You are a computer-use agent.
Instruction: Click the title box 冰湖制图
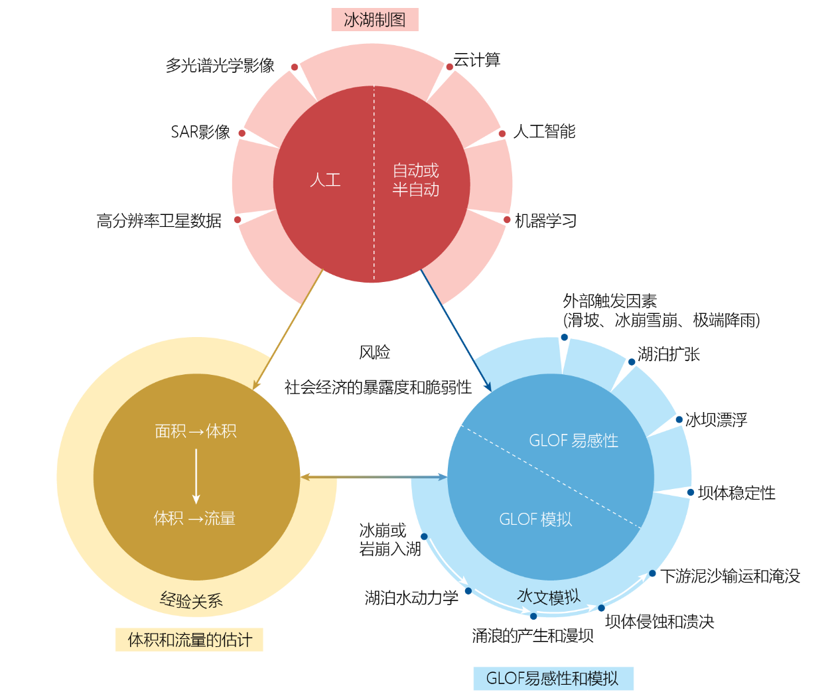[375, 19]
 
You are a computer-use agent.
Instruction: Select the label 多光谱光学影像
[220, 66]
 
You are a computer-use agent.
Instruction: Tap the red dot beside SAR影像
[242, 133]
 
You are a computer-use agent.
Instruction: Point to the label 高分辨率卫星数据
[159, 220]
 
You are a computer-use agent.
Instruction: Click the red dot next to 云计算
[449, 67]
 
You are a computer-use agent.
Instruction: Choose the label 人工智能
[544, 131]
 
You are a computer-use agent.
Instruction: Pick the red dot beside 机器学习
[507, 220]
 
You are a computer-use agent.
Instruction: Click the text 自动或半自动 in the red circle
[416, 180]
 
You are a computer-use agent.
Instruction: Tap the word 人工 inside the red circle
[325, 180]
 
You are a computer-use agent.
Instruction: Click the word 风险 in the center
[374, 352]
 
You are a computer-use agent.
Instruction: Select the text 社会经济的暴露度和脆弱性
[378, 387]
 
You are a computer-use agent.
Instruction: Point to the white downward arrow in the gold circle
[196, 476]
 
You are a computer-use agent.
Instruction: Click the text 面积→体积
[196, 431]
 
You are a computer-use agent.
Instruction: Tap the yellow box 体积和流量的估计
[189, 640]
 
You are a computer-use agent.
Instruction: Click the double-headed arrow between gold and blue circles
[374, 476]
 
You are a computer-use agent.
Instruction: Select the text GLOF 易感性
[573, 441]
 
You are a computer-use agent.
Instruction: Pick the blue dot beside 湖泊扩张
[632, 362]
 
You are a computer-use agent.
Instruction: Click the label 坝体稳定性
[736, 493]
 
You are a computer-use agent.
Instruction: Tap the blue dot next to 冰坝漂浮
[679, 419]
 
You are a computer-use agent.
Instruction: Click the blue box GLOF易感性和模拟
[553, 679]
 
